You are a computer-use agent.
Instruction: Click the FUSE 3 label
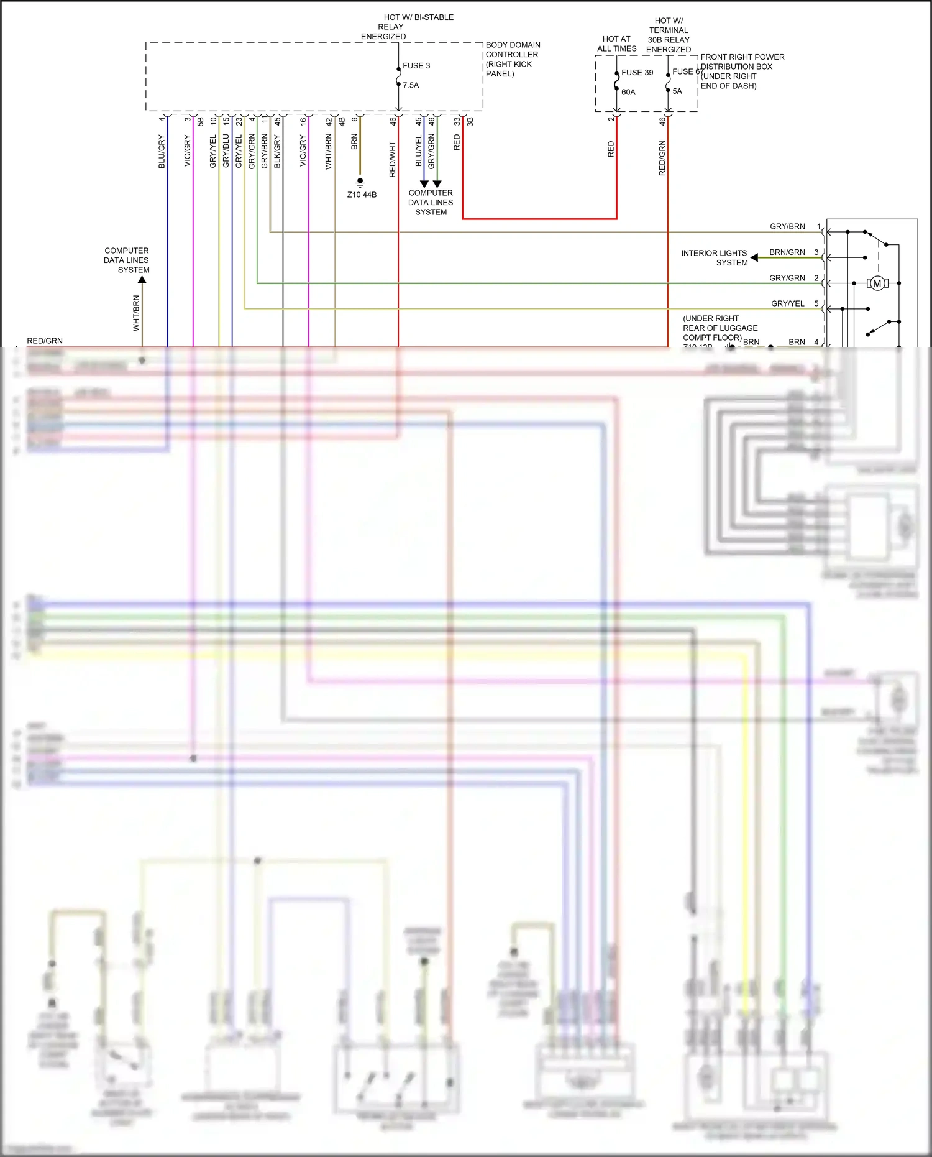pos(416,65)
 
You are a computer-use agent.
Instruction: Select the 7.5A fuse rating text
pos(411,85)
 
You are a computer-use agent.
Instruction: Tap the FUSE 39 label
pos(637,73)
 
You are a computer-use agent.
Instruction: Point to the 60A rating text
pos(628,92)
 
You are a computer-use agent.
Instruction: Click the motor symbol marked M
pos(877,283)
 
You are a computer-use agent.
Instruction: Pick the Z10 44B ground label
pos(362,195)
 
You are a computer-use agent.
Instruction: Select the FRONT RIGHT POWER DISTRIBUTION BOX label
pos(742,71)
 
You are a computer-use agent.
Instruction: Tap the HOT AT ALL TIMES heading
pos(616,44)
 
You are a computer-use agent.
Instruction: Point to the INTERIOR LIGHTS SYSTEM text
pos(715,257)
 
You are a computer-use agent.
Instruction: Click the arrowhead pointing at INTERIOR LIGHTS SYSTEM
pos(754,257)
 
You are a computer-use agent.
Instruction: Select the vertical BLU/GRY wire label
pos(162,151)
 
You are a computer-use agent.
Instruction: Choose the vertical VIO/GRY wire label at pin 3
pos(187,151)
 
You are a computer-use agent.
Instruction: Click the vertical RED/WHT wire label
pos(392,159)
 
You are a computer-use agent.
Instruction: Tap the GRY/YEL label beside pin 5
pos(787,303)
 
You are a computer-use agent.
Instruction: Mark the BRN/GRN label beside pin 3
pos(787,252)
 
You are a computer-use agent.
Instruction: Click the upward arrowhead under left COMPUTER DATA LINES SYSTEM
pos(142,280)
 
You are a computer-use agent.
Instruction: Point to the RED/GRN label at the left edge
pos(45,341)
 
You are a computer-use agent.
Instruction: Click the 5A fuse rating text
pos(677,91)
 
